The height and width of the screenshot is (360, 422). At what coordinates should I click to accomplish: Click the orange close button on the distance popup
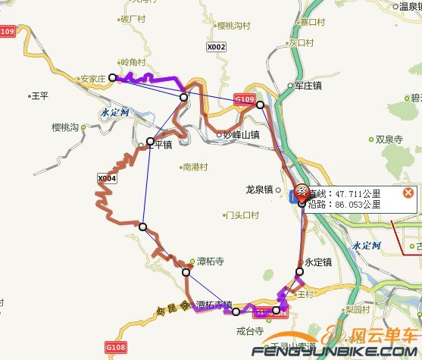(x=408, y=193)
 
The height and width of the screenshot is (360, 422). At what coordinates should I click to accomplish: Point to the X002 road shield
(x=216, y=47)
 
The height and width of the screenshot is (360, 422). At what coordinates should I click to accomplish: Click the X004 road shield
(x=108, y=178)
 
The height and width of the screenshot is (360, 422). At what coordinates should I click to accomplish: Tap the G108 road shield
(x=115, y=347)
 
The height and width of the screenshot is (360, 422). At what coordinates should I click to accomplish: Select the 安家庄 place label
(x=93, y=77)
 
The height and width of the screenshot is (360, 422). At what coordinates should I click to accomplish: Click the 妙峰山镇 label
(x=241, y=135)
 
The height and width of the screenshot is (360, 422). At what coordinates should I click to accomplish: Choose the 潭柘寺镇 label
(x=213, y=305)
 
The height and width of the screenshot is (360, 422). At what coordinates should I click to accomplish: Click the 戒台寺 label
(x=249, y=331)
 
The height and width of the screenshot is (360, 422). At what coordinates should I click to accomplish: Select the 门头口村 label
(x=242, y=215)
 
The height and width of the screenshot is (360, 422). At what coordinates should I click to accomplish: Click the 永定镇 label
(x=318, y=262)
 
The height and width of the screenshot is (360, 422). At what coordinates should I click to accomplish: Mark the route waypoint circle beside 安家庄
(x=112, y=77)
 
